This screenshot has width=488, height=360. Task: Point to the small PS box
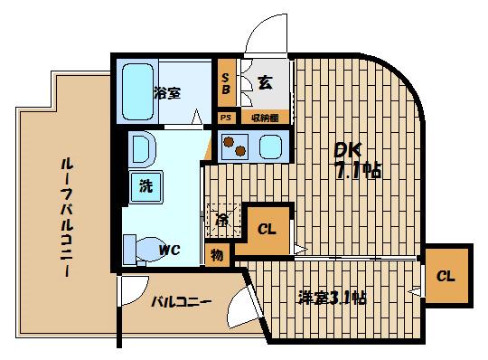tap(224, 118)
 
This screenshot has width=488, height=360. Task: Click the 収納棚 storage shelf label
tap(265, 118)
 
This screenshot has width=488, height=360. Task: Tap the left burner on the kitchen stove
tap(230, 145)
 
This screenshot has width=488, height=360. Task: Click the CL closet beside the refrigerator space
tap(267, 227)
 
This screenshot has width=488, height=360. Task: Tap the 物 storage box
tap(217, 255)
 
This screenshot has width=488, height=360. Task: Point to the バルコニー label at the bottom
tap(181, 301)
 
